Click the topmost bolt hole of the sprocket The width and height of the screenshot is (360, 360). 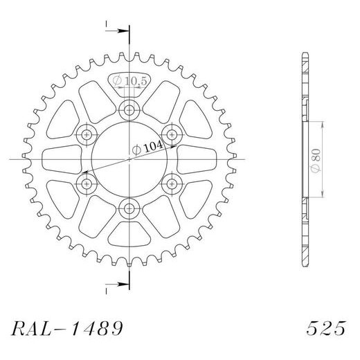point(129,109)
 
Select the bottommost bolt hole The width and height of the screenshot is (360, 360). point(129,208)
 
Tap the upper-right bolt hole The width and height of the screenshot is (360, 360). point(171,134)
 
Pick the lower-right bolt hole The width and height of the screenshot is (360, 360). point(171,183)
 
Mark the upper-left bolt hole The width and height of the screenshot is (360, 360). point(87,134)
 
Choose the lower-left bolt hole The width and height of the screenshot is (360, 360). point(87,183)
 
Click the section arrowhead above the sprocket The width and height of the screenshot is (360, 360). point(125,30)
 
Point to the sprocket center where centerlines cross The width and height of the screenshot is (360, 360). point(129,159)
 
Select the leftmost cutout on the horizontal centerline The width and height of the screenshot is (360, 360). point(60,159)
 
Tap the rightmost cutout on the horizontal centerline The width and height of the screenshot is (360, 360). point(198,159)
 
